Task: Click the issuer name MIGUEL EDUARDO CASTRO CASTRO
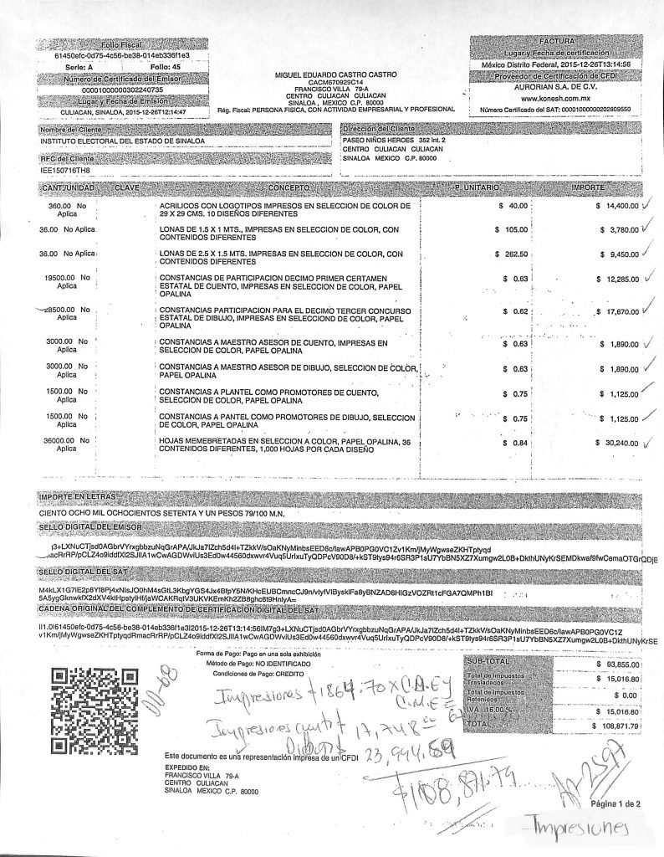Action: click(329, 74)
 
